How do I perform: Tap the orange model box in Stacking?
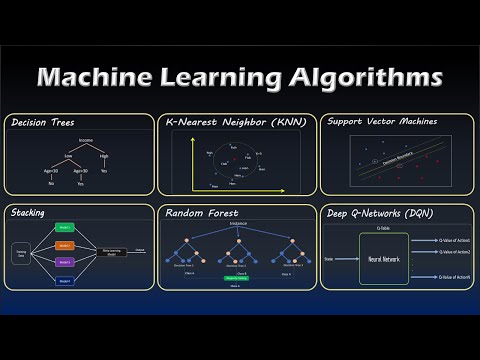point(64,246)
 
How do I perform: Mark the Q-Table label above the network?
point(384,228)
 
